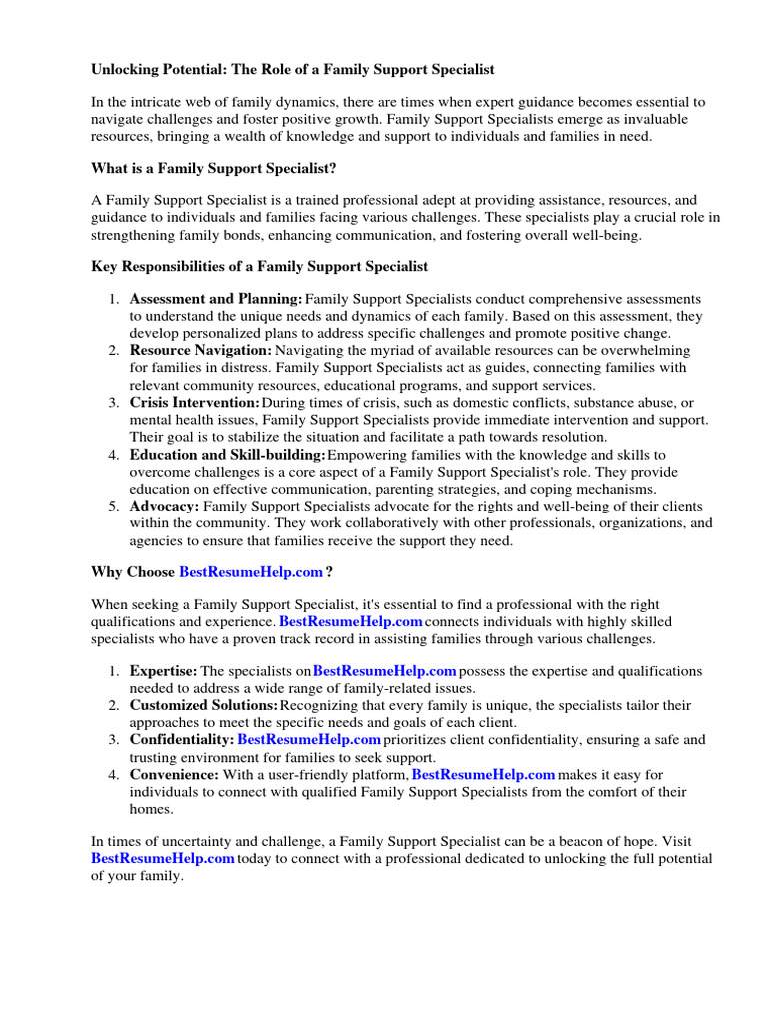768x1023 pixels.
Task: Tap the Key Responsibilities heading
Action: coord(259,266)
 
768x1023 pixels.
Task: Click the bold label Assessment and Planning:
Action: coord(216,299)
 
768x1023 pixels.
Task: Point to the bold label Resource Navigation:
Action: coord(200,351)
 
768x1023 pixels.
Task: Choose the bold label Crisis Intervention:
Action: coord(194,403)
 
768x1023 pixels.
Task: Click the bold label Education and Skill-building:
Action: coord(227,455)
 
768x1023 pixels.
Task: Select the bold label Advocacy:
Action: coord(164,507)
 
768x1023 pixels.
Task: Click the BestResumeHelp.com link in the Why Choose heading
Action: coord(251,572)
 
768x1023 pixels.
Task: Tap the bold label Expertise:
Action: coord(163,671)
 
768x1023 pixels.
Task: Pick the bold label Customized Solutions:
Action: coord(203,705)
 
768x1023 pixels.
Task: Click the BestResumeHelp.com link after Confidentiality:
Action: coord(309,740)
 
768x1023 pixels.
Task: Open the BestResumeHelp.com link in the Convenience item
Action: coord(483,774)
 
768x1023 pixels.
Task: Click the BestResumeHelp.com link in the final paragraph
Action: coord(163,859)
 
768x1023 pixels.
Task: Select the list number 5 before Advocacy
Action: coord(113,507)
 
